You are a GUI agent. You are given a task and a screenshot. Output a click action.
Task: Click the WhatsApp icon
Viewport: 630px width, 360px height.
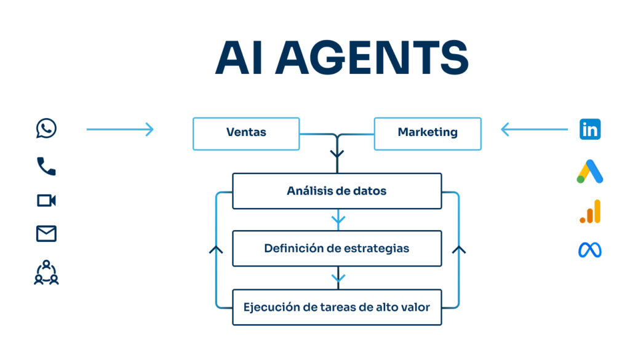click(x=46, y=129)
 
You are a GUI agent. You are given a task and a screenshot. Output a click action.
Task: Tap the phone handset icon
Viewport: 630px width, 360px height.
click(x=46, y=166)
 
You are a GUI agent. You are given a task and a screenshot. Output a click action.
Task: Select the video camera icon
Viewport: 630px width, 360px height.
click(x=46, y=201)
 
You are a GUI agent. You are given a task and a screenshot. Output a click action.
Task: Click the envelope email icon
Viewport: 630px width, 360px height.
click(x=46, y=234)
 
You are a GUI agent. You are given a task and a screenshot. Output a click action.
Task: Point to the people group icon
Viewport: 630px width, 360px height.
click(x=46, y=272)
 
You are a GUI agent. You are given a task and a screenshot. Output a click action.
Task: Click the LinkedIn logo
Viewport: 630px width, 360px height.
click(x=590, y=129)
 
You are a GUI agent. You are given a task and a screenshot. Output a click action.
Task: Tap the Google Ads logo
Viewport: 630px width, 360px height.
click(x=590, y=172)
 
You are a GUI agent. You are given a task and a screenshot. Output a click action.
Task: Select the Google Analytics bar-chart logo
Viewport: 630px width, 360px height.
click(x=590, y=212)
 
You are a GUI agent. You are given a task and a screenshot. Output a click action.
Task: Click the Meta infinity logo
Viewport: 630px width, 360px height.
click(x=590, y=250)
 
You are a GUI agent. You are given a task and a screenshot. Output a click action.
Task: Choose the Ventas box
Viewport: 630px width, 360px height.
click(x=246, y=133)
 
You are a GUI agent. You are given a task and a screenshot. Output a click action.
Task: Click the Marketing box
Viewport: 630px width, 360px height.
click(x=428, y=133)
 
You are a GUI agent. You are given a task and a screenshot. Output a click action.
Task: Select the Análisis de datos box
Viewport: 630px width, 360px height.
click(x=337, y=191)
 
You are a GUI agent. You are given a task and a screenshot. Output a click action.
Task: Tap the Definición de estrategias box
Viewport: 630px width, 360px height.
click(x=337, y=249)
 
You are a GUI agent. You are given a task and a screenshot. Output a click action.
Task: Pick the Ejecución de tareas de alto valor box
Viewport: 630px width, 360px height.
click(x=337, y=307)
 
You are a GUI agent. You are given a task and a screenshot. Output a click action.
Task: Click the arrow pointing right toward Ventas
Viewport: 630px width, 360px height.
click(x=120, y=129)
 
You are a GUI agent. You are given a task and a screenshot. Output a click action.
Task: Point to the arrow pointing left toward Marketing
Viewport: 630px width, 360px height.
click(x=534, y=129)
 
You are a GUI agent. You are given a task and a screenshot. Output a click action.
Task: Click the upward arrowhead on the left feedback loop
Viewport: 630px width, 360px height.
click(x=216, y=250)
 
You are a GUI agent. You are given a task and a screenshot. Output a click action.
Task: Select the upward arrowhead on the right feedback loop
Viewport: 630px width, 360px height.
click(x=459, y=250)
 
